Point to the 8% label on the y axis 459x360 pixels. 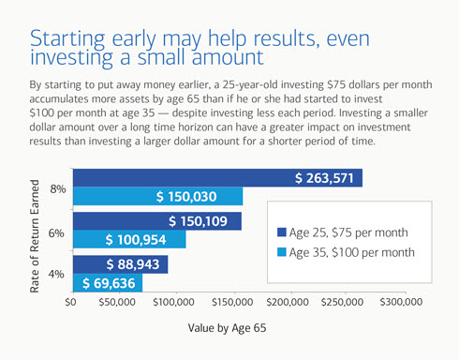57,189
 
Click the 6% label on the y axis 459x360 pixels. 57,232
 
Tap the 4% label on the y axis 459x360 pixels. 57,274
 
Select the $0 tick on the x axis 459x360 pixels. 70,303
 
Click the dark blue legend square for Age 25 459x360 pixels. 282,232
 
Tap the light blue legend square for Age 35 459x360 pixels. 282,253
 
